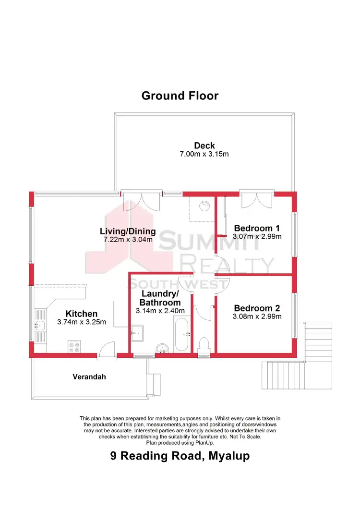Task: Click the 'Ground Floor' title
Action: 180,96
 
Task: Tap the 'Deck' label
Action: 204,146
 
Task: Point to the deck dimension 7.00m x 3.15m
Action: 204,155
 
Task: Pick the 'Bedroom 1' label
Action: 256,228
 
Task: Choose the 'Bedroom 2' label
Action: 256,308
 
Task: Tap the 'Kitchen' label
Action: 81,314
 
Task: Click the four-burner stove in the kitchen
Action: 74,346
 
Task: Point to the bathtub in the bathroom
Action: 182,335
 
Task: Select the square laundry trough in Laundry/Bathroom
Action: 138,331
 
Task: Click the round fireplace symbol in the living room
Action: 204,205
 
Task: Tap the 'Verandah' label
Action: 89,377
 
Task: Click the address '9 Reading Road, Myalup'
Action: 180,456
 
